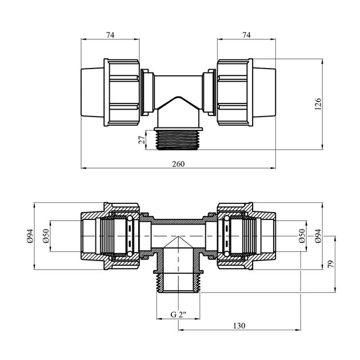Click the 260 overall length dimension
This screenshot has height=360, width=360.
[x=178, y=164]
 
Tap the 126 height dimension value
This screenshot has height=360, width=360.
[x=318, y=104]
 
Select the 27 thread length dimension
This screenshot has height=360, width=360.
[x=142, y=139]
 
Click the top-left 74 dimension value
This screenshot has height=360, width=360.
[x=110, y=35]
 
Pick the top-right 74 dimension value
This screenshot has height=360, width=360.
[x=246, y=35]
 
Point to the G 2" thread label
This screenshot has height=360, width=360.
[x=178, y=314]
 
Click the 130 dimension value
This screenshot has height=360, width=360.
[x=239, y=326]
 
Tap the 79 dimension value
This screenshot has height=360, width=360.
[x=331, y=264]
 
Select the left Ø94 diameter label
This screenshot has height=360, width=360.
[x=30, y=236]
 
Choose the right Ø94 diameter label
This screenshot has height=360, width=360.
[x=318, y=236]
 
